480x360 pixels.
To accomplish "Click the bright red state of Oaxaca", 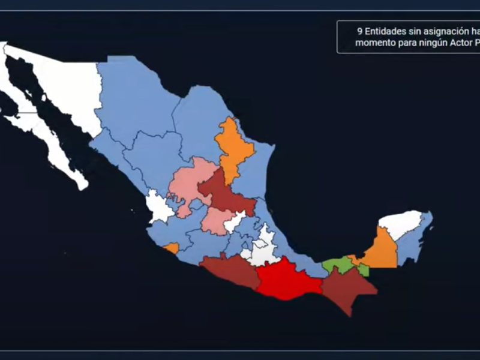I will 287,280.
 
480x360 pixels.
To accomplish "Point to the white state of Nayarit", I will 159,207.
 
